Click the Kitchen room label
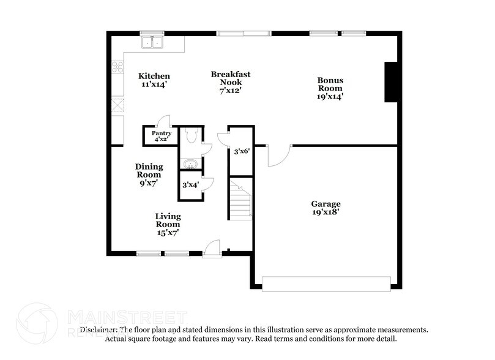[154, 80]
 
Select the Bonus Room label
[330, 88]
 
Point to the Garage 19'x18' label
[326, 208]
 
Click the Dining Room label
[149, 174]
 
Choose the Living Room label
[167, 224]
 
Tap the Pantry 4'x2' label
[162, 136]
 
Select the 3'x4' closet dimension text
[190, 184]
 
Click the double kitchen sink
[152, 43]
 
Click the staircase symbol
[240, 198]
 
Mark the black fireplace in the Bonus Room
[390, 82]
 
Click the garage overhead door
[326, 283]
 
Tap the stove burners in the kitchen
[117, 67]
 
